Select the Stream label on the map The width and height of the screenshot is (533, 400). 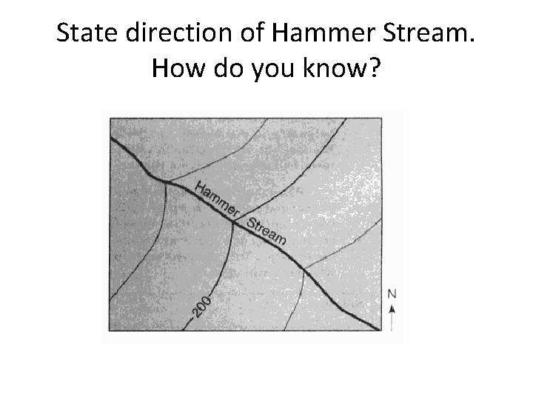click(x=265, y=230)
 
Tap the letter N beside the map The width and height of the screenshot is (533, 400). click(x=392, y=294)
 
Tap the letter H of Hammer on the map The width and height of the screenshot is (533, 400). click(x=201, y=187)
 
